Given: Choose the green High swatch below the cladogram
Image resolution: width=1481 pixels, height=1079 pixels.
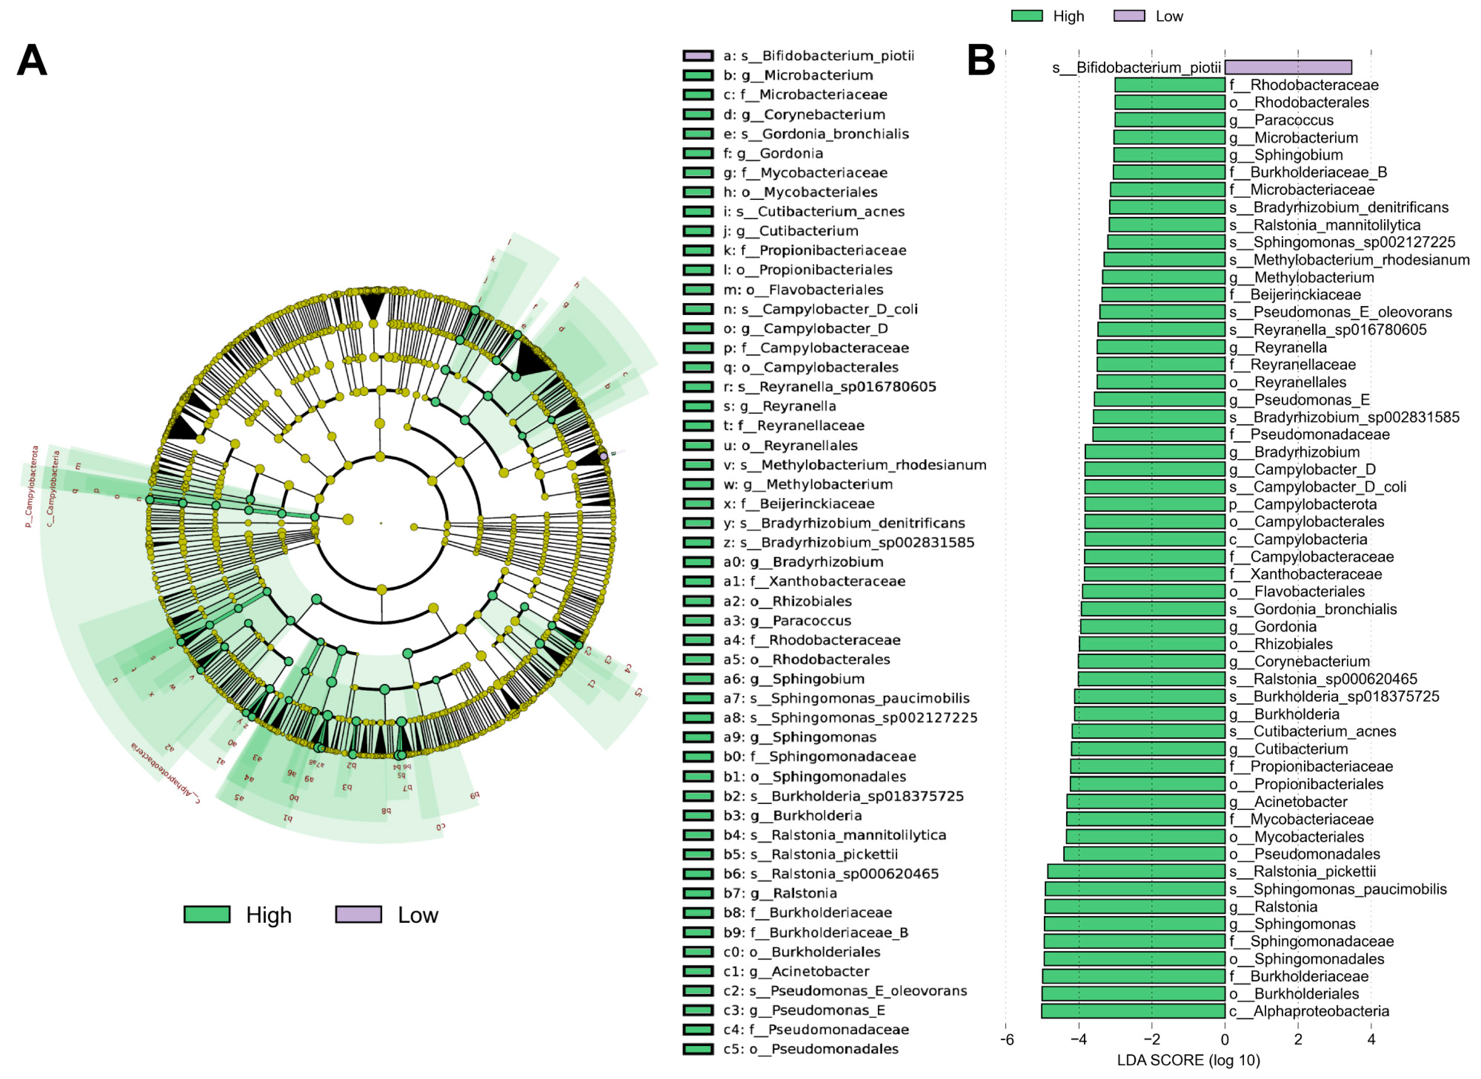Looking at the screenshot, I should tap(207, 914).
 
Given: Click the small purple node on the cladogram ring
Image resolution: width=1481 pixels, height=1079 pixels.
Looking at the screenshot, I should tap(604, 455).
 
